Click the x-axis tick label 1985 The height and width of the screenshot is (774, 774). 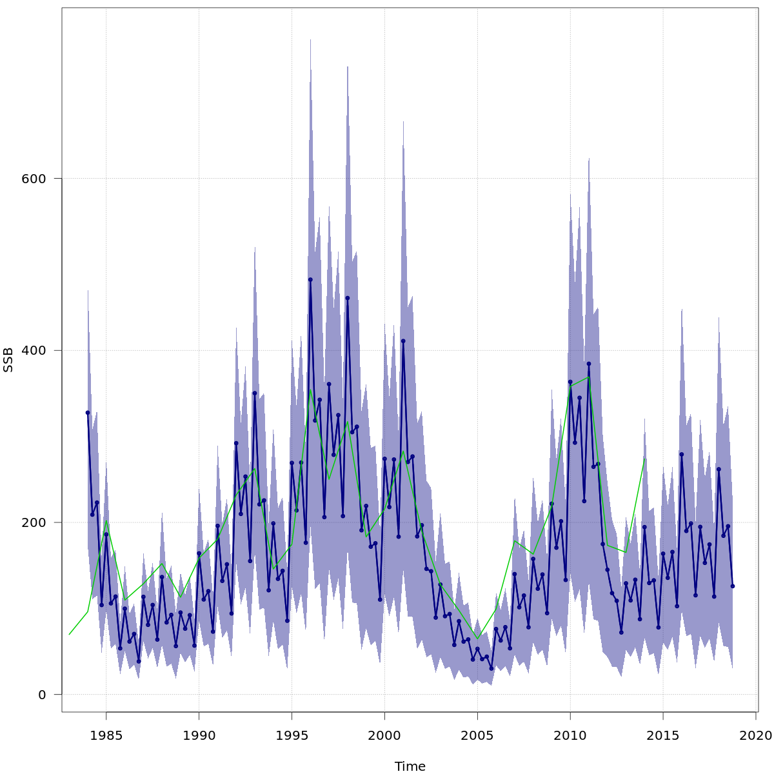(106, 735)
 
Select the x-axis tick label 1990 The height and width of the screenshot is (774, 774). (199, 735)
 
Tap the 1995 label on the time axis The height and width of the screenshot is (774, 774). (292, 735)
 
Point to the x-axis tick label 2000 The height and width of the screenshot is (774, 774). (384, 735)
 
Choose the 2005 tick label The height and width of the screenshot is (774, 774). (477, 735)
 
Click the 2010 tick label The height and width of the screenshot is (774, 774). (570, 735)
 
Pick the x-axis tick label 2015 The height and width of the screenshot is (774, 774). (663, 735)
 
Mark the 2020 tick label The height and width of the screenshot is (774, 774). (756, 735)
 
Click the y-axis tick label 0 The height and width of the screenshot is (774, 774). (42, 695)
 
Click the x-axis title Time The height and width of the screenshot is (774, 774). (410, 766)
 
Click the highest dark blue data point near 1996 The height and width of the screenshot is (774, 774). (310, 280)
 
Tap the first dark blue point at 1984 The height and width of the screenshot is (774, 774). (88, 413)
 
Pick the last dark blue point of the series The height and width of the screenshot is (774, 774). (733, 586)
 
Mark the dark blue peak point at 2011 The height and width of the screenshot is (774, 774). (589, 364)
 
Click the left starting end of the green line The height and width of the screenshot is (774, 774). (69, 634)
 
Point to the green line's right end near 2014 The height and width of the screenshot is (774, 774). (644, 459)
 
